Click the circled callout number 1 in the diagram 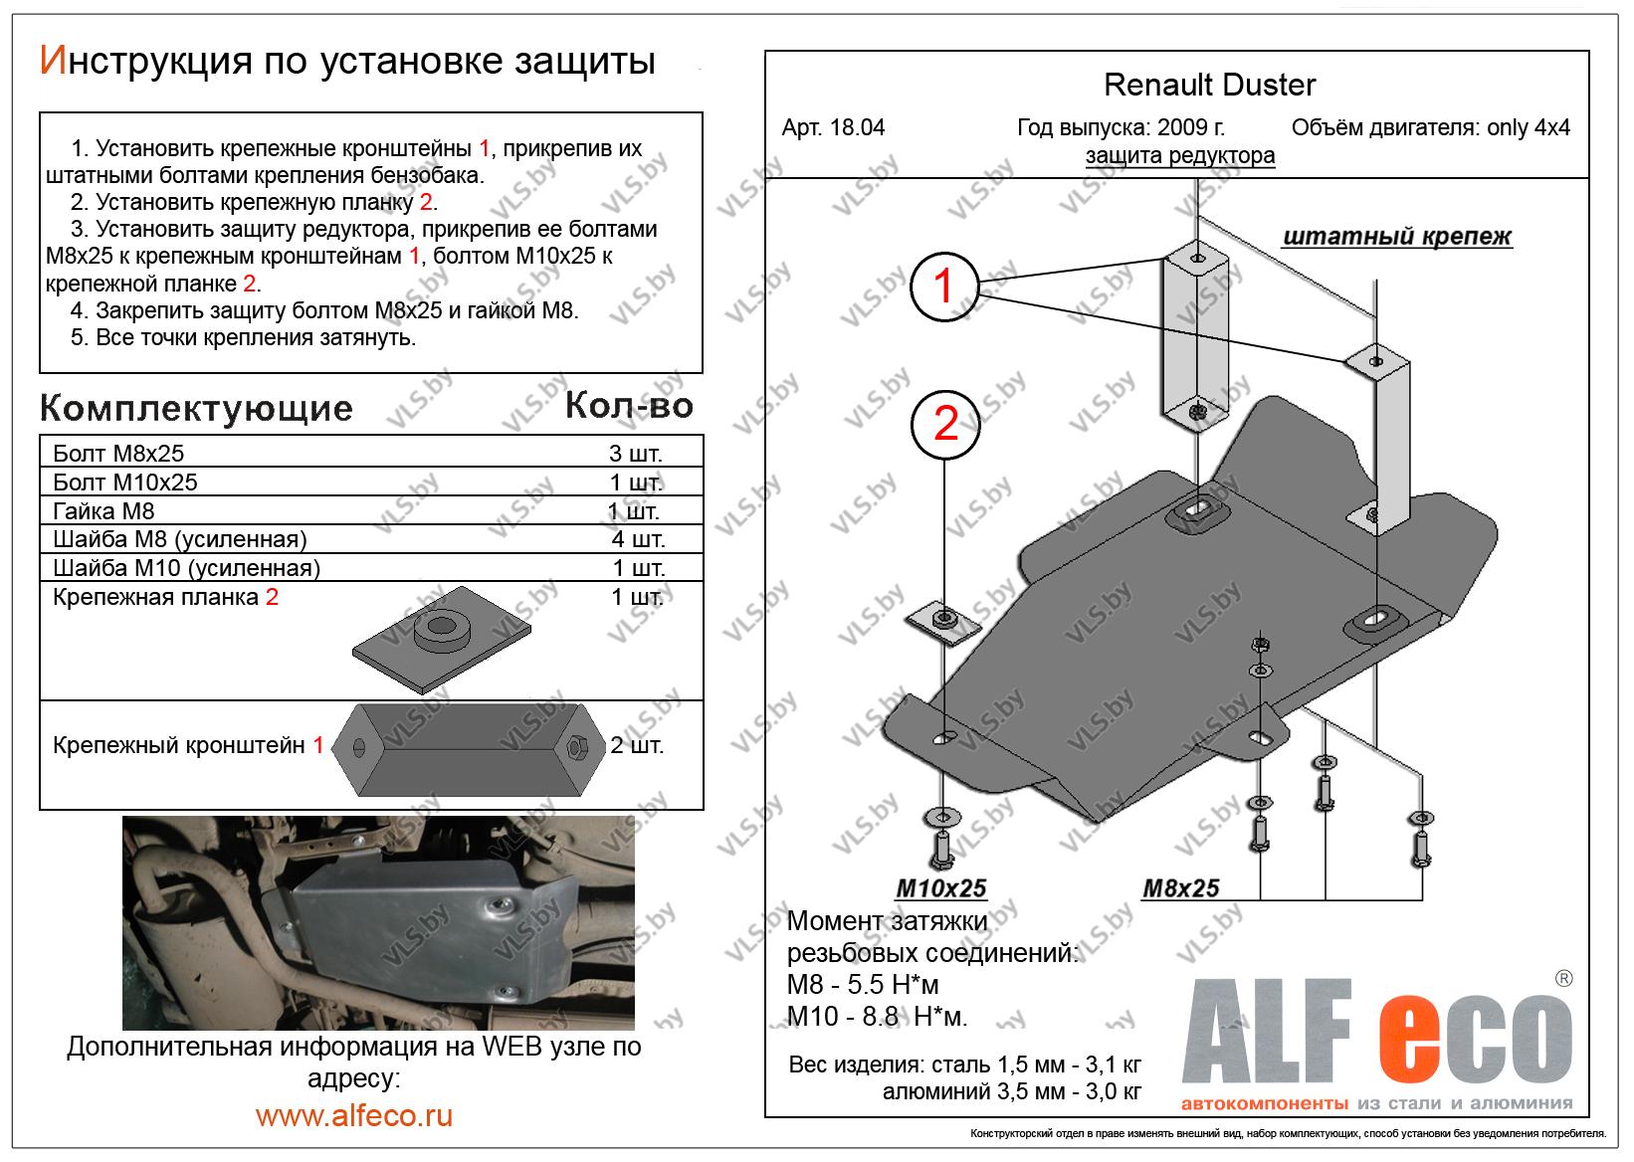pos(943,287)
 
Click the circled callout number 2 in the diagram pos(945,425)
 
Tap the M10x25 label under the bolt pos(940,888)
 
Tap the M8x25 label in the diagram pos(1180,888)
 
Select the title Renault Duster pos(1210,86)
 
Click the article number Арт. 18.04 pos(833,128)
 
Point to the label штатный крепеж pos(1397,237)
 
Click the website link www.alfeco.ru pos(354,1115)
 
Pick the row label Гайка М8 pos(103,511)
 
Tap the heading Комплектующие pos(196,409)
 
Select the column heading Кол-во pos(629,406)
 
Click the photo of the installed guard pos(377,922)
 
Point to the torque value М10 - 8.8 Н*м pos(877,1017)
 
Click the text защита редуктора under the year pos(1179,156)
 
